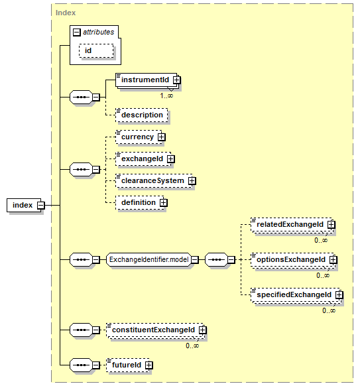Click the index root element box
[x=24, y=205]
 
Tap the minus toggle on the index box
[x=41, y=206]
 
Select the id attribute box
[x=96, y=50]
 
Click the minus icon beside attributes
[x=77, y=32]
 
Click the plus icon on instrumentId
[x=176, y=80]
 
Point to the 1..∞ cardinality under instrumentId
[x=166, y=96]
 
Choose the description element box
[x=142, y=115]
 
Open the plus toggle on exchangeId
[x=171, y=159]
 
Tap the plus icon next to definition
[x=163, y=202]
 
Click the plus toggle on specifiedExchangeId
[x=339, y=295]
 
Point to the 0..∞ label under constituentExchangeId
[x=192, y=346]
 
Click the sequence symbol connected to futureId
[x=81, y=365]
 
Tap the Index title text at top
[x=66, y=13]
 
